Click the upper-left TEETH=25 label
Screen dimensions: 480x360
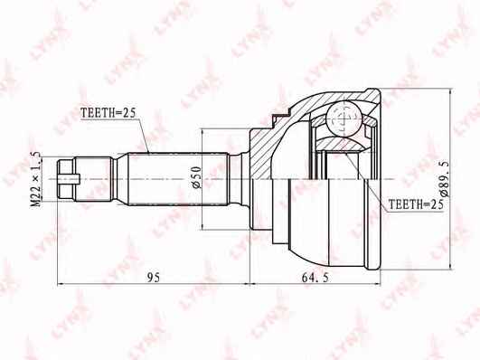(108, 113)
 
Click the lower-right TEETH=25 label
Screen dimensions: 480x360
(416, 204)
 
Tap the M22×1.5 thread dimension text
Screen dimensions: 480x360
(36, 179)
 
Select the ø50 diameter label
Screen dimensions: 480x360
(196, 177)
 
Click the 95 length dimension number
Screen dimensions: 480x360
(154, 278)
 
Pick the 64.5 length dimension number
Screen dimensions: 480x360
(315, 278)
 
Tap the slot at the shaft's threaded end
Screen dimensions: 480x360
(69, 178)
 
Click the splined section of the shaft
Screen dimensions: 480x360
(178, 179)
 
